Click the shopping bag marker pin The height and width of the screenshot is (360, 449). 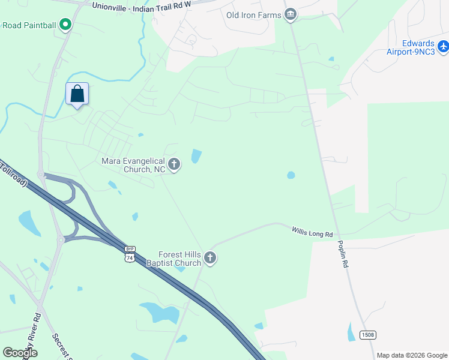77,94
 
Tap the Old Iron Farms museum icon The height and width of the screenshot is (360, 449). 291,14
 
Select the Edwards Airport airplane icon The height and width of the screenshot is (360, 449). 444,46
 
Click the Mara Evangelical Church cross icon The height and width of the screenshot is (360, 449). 174,164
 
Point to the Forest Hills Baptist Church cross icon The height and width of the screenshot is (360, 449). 209,258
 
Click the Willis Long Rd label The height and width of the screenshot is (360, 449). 312,231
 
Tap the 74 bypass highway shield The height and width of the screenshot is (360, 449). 129,254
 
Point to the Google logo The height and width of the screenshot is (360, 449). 20,353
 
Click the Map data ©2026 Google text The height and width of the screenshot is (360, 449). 412,355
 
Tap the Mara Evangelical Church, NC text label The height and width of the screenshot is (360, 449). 133,165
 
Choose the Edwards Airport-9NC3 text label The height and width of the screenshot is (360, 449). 418,47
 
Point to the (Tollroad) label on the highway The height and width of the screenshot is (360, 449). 13,173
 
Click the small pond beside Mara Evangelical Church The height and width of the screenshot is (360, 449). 196,156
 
